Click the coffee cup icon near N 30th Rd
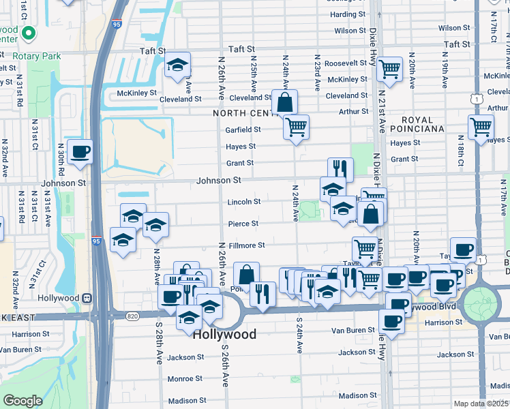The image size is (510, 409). coord(80,151)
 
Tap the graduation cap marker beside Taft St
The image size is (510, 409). coord(178,65)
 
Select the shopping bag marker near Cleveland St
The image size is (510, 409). coord(284,103)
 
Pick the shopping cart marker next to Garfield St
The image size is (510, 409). coord(296,127)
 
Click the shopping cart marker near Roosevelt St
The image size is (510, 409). coord(389,68)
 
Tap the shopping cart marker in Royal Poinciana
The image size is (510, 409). coord(481,127)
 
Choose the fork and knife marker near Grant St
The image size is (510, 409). coord(340,168)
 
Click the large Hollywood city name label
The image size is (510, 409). coord(224,334)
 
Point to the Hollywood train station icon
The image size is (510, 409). coord(87,298)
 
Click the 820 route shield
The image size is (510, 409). coord(132,316)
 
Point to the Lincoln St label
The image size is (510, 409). coord(244,202)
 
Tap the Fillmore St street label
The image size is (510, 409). coord(245,245)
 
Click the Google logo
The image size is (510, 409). coord(22,401)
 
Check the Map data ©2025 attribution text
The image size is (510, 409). coord(480,404)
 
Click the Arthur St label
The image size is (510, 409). coord(353,111)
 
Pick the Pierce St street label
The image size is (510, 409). coord(243,224)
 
